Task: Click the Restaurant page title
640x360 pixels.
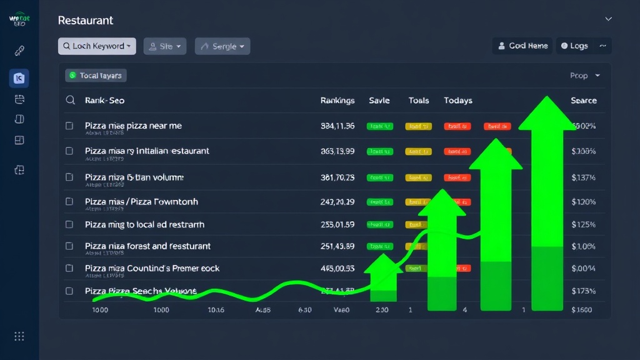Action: [86, 21]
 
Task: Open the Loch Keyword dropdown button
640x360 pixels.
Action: [97, 46]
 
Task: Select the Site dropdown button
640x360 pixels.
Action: [165, 46]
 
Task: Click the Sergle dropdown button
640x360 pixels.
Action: [222, 46]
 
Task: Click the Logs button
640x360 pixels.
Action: [574, 46]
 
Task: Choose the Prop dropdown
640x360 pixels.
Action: [584, 76]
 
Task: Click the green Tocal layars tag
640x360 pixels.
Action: [96, 76]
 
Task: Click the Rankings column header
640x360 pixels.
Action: [337, 101]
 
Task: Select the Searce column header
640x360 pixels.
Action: [583, 101]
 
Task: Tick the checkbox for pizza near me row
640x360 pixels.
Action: [69, 126]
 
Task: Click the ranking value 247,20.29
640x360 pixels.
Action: [337, 202]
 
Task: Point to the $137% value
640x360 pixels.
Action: [583, 177]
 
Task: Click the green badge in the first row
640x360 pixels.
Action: [380, 126]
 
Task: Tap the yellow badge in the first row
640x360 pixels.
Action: [418, 126]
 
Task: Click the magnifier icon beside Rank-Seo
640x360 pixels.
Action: [71, 100]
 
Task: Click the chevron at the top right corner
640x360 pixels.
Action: [608, 19]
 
